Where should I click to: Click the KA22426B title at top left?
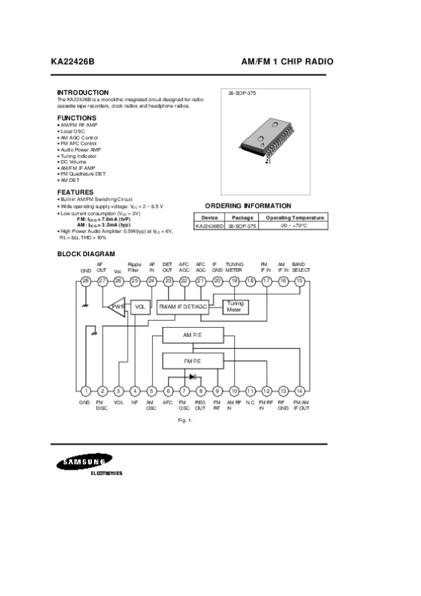pyautogui.click(x=72, y=62)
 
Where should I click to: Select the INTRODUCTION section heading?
pyautogui.click(x=83, y=93)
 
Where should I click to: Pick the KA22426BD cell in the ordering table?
pyautogui.click(x=209, y=226)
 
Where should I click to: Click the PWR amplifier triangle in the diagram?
pyautogui.click(x=116, y=307)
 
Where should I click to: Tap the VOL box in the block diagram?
pyautogui.click(x=140, y=307)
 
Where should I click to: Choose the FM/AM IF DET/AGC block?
pyautogui.click(x=183, y=307)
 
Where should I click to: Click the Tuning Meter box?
pyautogui.click(x=235, y=307)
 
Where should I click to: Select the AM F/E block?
pyautogui.click(x=192, y=336)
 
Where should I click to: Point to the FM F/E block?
pyautogui.click(x=192, y=361)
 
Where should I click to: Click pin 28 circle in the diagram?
pyautogui.click(x=86, y=281)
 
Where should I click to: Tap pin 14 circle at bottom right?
pyautogui.click(x=300, y=391)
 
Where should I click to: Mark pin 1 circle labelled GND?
pyautogui.click(x=86, y=391)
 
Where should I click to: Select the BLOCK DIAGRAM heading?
pyautogui.click(x=86, y=253)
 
